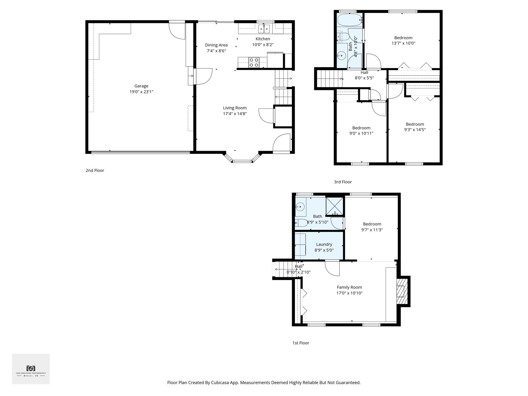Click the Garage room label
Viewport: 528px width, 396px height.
click(141, 86)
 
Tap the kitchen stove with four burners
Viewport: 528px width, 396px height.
click(254, 63)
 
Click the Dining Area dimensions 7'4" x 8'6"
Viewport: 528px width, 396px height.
click(216, 51)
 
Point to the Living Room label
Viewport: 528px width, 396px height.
click(235, 108)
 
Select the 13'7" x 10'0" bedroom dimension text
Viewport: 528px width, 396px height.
click(403, 43)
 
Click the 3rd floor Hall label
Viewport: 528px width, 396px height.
click(364, 73)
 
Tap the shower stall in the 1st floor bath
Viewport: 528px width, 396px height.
click(335, 206)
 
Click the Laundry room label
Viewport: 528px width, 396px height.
click(324, 244)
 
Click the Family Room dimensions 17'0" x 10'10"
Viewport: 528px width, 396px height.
click(349, 293)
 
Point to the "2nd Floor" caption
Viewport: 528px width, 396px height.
click(95, 170)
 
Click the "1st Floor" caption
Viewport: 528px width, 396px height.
click(301, 343)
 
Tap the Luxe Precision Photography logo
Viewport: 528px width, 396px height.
click(31, 369)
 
